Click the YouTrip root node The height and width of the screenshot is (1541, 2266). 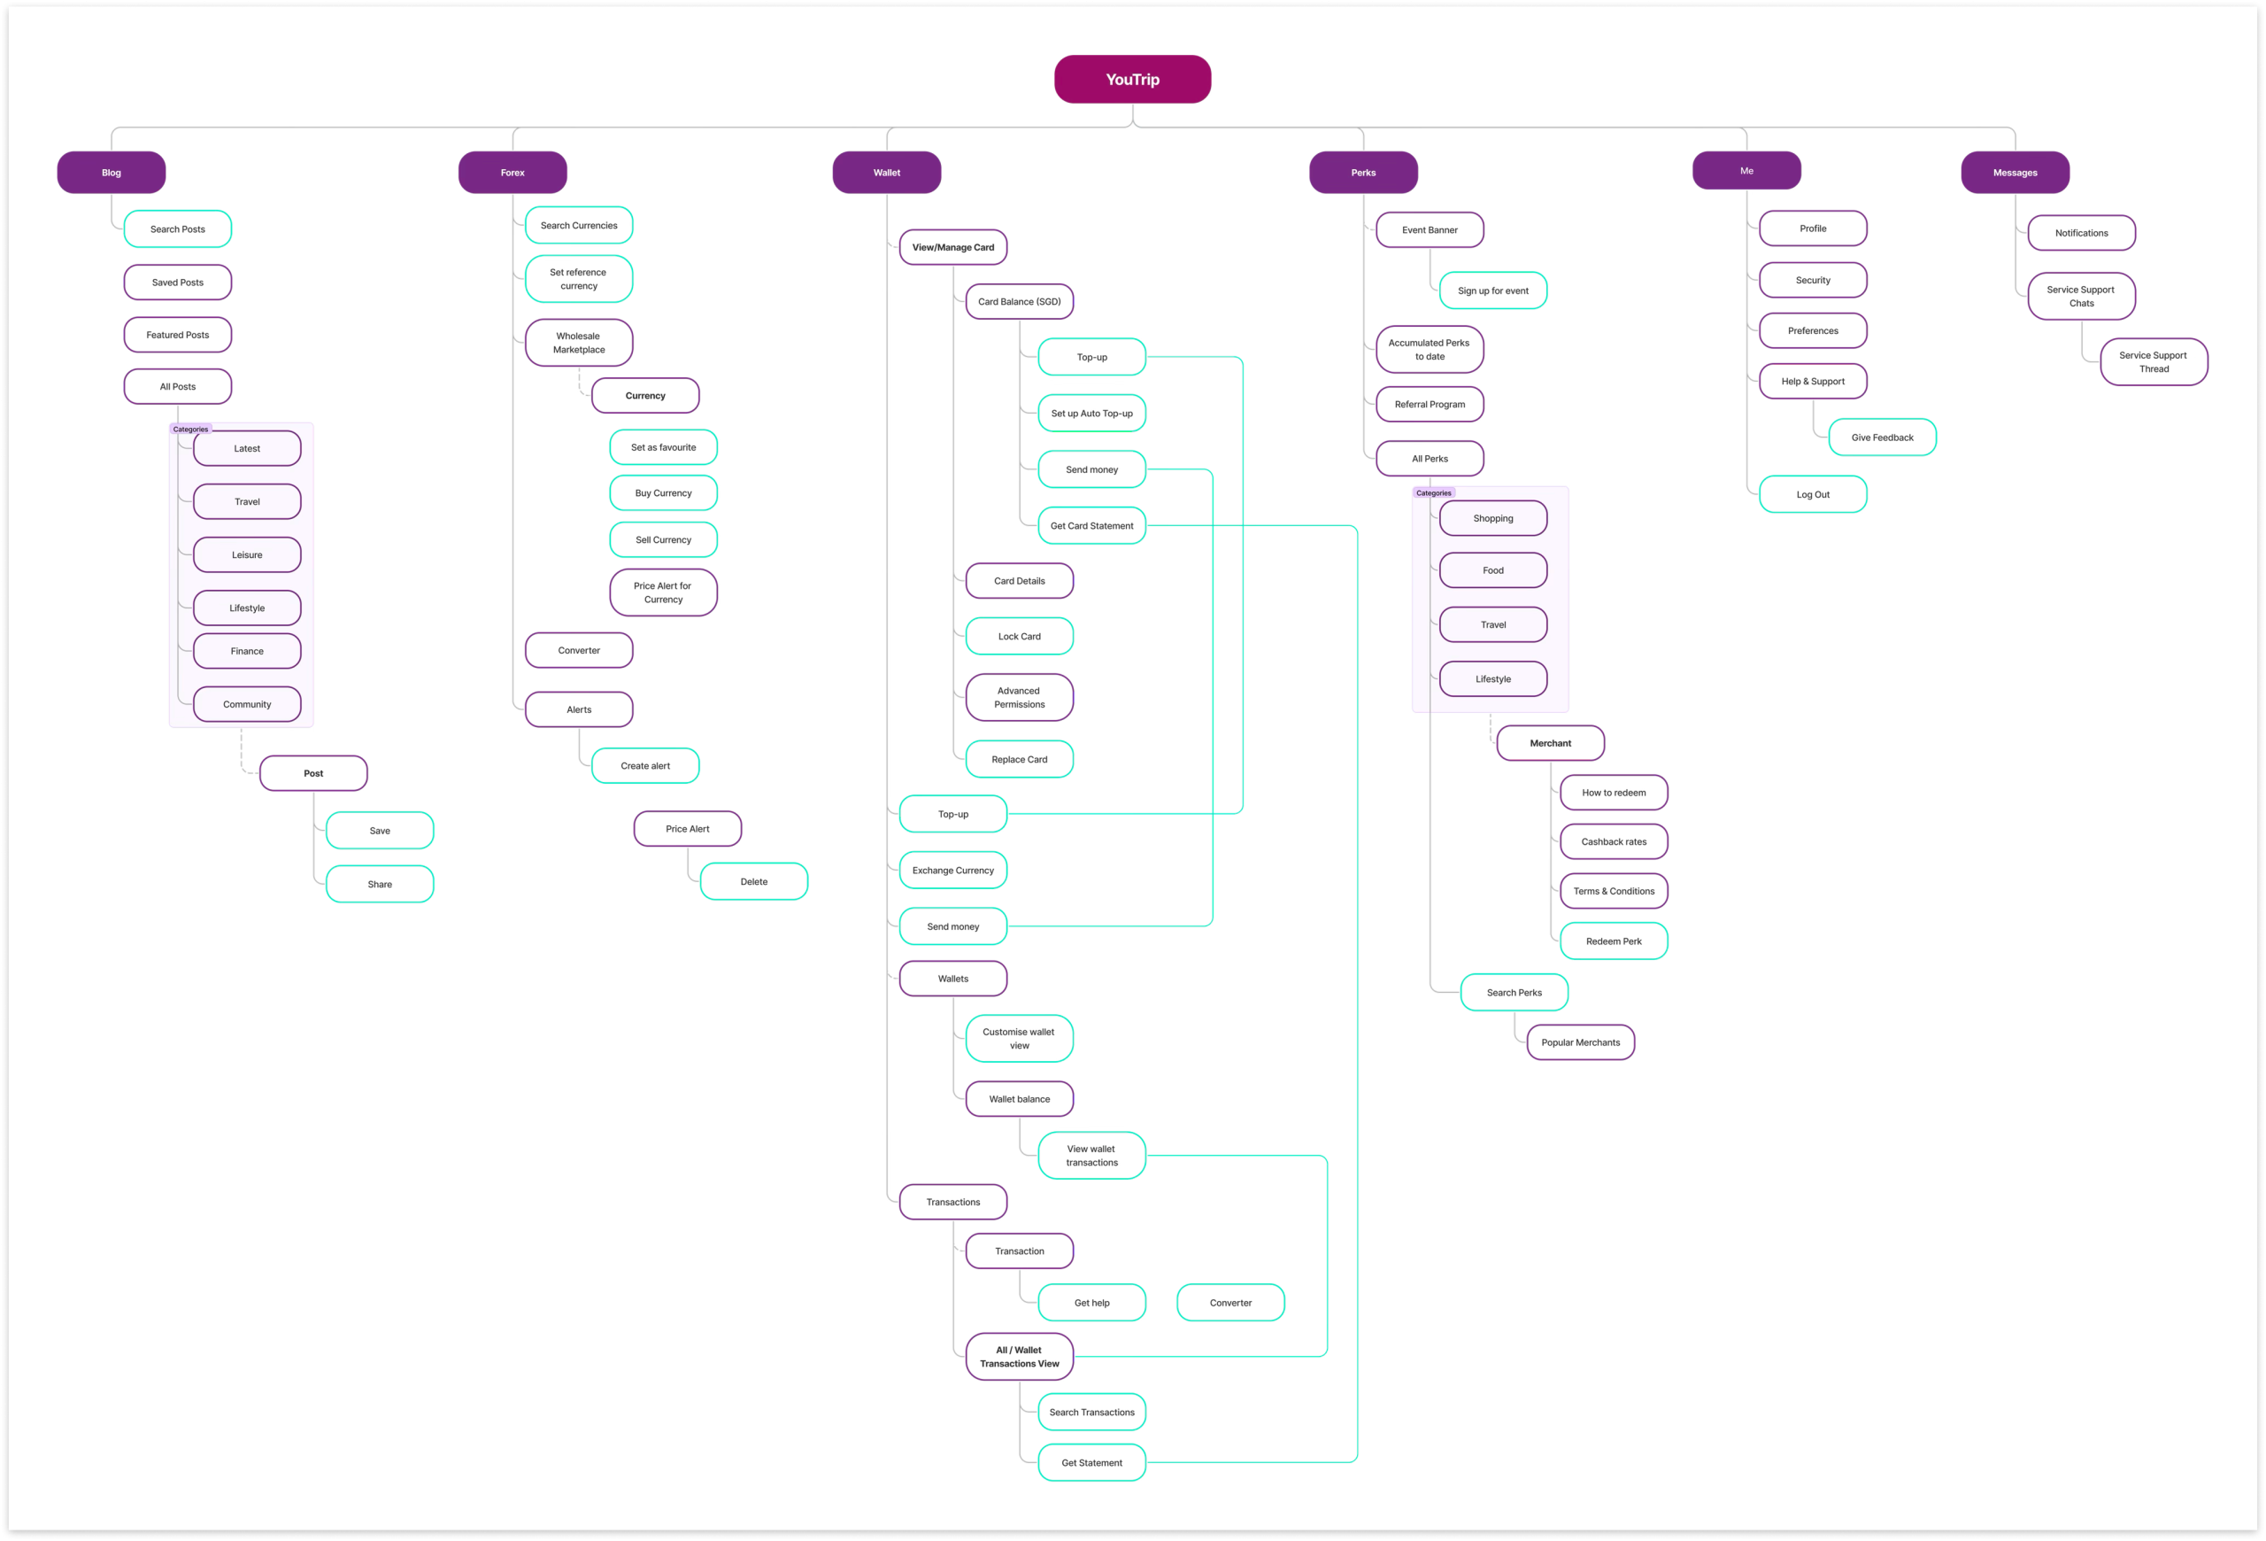(1132, 79)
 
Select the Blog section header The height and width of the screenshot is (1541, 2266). (112, 173)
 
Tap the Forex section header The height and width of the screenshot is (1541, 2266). (512, 173)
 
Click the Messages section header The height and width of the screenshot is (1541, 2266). (2015, 173)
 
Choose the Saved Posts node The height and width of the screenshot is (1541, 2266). (177, 283)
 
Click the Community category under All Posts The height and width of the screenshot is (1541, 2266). (247, 704)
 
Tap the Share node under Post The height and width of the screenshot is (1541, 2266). (380, 885)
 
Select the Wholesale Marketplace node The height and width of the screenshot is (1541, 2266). (578, 344)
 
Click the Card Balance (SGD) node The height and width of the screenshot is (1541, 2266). (1019, 302)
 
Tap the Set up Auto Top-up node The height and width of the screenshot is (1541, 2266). (1091, 414)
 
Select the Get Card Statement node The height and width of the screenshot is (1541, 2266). (1091, 526)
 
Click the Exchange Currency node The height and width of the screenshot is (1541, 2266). (952, 870)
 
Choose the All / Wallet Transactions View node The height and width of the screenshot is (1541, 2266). (1019, 1357)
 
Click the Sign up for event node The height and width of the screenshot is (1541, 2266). (1492, 290)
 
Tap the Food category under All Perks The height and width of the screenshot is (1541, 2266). (1492, 570)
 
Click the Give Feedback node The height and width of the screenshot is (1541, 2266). (1882, 438)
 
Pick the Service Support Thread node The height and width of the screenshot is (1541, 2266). (2153, 363)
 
